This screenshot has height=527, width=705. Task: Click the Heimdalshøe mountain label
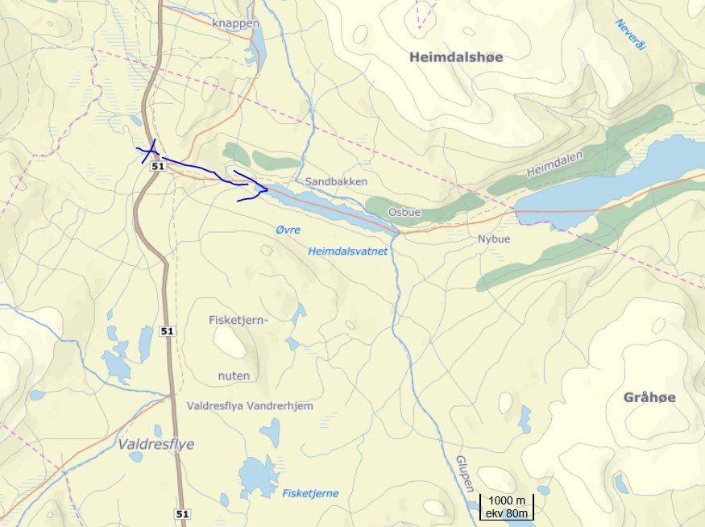coord(455,57)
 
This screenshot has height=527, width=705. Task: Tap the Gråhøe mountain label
coord(649,398)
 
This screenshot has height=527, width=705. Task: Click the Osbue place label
coord(404,212)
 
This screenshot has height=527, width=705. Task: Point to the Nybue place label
coord(494,239)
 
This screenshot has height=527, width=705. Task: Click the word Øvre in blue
coord(288,230)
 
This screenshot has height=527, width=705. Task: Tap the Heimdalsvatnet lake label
coord(348,251)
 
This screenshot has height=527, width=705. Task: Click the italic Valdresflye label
coord(156,444)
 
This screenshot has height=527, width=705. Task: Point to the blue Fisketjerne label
coord(310,493)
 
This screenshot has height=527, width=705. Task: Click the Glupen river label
coord(462,471)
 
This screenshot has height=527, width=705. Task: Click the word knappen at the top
coord(236,23)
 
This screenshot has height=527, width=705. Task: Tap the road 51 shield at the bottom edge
coord(183,513)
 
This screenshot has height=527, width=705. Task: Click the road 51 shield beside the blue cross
coord(157,166)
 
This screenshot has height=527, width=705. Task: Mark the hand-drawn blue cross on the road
coord(149,151)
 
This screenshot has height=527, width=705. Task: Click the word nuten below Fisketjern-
coord(234,376)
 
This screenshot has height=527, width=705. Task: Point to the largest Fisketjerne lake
coord(258,477)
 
